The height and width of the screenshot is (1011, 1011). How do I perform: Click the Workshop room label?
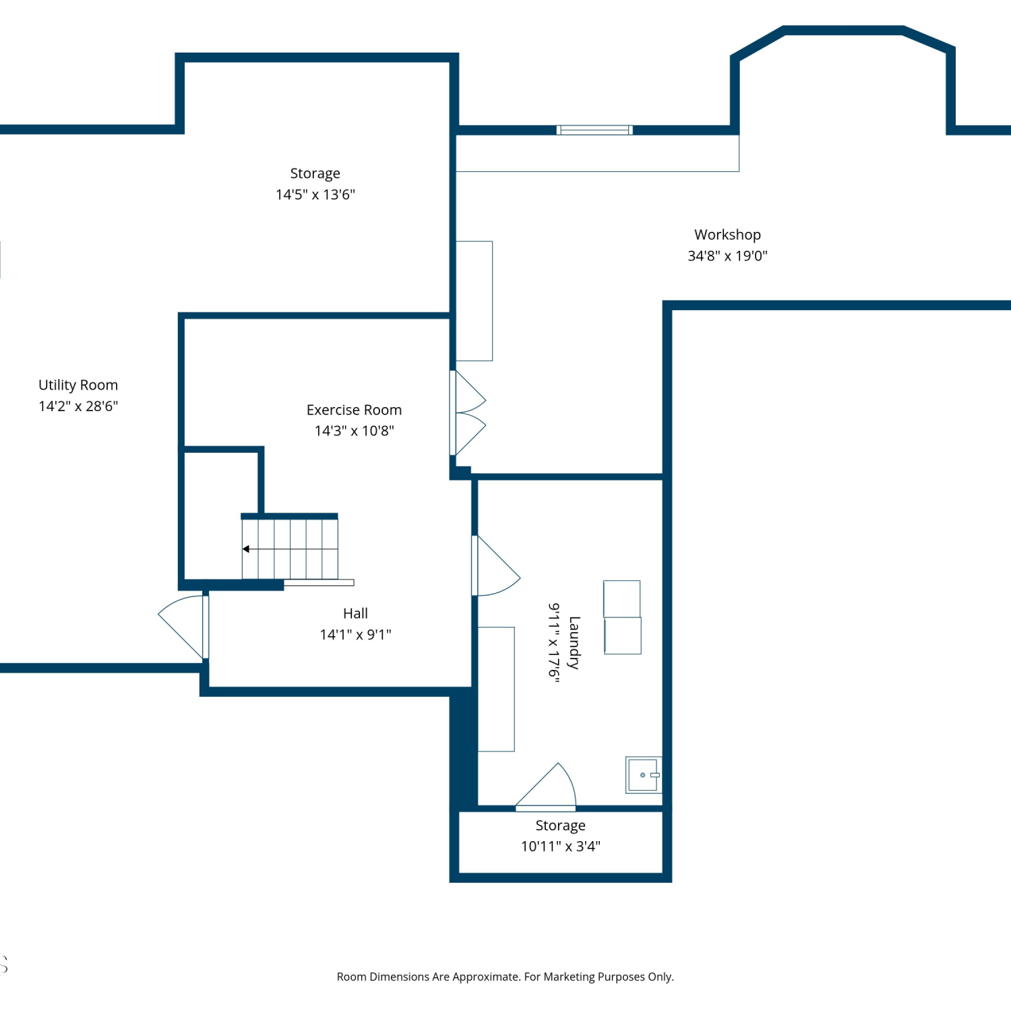[x=727, y=235]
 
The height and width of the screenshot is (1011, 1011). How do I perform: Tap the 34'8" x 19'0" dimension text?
[x=727, y=255]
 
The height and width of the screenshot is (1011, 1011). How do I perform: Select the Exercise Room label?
[x=354, y=410]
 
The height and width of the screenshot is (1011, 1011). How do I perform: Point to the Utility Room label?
[x=78, y=385]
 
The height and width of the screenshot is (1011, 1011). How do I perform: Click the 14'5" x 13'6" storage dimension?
[x=315, y=194]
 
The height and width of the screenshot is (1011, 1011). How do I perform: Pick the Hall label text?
[x=355, y=613]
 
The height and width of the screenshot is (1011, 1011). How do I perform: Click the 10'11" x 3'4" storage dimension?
[x=560, y=846]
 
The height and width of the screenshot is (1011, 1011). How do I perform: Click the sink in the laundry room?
[x=644, y=775]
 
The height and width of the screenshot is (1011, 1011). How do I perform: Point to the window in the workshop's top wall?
[x=594, y=130]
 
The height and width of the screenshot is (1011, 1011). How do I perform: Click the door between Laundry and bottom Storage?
[x=546, y=786]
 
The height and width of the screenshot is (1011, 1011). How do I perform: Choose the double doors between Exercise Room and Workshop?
[x=468, y=413]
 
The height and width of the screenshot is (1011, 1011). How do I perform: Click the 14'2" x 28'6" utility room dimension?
[x=78, y=406]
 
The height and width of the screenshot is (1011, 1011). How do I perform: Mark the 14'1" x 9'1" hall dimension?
[x=355, y=634]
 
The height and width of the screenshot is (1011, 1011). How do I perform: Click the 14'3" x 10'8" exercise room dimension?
[x=354, y=431]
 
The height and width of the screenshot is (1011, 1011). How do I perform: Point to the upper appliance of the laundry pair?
[x=622, y=599]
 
